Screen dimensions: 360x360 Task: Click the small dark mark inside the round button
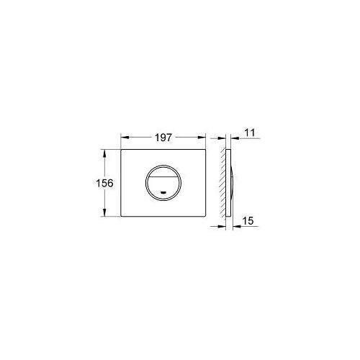(x=166, y=193)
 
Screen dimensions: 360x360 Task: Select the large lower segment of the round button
(x=166, y=186)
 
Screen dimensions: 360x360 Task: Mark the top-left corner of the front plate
(x=121, y=150)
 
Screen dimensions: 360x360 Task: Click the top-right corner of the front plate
(x=210, y=150)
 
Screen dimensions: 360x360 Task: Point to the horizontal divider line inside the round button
(x=166, y=176)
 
